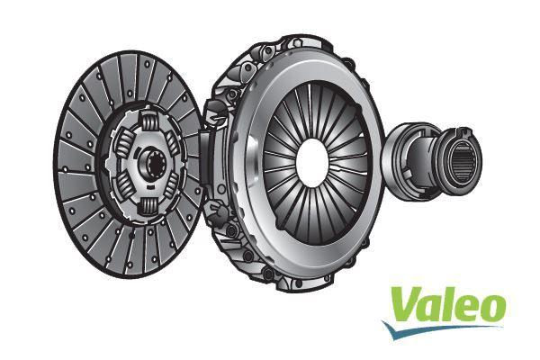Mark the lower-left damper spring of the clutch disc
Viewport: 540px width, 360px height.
pyautogui.click(x=125, y=191)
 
